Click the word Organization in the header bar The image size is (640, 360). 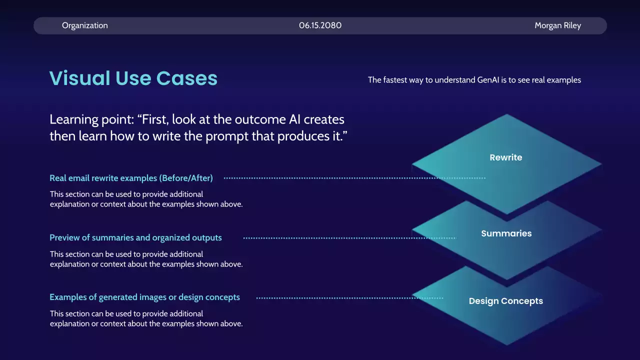click(x=85, y=25)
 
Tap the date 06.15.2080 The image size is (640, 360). click(x=320, y=25)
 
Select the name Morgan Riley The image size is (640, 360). click(x=557, y=25)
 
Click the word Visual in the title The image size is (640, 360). click(x=79, y=78)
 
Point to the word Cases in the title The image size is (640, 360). click(x=187, y=78)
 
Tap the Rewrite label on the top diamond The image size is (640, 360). click(x=506, y=157)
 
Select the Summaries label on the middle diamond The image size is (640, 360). click(x=506, y=233)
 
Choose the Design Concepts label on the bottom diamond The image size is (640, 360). click(x=506, y=301)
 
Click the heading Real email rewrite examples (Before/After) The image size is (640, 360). click(x=131, y=178)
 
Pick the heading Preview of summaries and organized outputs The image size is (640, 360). click(x=135, y=237)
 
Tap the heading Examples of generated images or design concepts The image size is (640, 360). click(x=145, y=297)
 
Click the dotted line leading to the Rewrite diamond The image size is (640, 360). click(x=354, y=178)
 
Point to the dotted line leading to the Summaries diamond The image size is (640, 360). click(x=349, y=238)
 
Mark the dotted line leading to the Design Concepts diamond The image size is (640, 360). click(x=349, y=298)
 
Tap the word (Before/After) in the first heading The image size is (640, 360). click(x=186, y=178)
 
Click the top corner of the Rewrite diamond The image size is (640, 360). click(x=507, y=114)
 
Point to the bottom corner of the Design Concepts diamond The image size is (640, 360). click(x=507, y=345)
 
